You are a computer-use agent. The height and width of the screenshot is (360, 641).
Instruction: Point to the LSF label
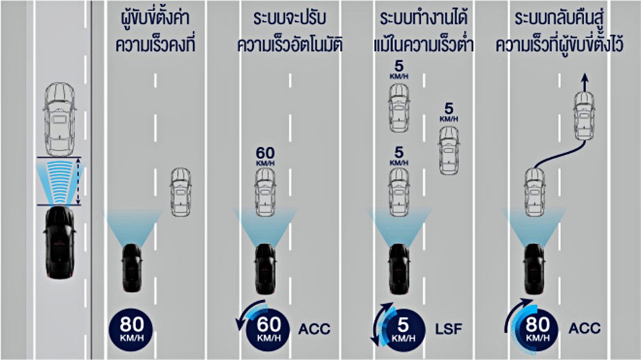449,329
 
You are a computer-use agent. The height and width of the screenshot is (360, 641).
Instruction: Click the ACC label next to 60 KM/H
314,329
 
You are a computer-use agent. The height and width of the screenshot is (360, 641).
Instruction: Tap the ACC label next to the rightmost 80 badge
585,328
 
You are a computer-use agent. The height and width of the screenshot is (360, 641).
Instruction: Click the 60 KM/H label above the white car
265,156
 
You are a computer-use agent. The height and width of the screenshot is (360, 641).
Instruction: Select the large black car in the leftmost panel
60,243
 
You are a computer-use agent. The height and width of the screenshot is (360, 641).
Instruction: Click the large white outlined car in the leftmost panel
60,119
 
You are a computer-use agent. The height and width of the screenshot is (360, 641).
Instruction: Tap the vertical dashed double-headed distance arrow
78,181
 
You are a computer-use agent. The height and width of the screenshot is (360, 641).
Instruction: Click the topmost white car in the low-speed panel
399,108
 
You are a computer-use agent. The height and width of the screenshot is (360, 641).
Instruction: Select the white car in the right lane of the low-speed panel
449,151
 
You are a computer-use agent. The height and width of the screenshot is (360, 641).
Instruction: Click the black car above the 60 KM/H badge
265,269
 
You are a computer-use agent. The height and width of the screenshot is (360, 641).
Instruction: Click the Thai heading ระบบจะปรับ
290,19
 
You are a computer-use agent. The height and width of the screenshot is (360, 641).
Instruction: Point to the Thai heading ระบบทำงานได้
424,18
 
